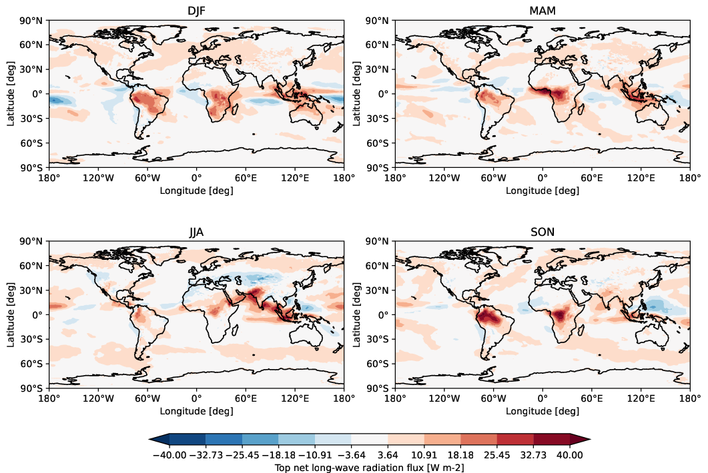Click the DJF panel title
[x=197, y=10]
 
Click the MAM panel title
[x=543, y=10]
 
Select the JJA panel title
[x=197, y=231]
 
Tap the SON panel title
[x=543, y=231]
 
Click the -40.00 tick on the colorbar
[x=169, y=455]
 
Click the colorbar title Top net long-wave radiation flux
[x=370, y=468]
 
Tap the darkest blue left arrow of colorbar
[x=159, y=438]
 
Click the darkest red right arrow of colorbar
[x=581, y=438]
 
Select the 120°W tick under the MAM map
[x=444, y=178]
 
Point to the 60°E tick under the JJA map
[x=246, y=399]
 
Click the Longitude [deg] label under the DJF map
[x=197, y=190]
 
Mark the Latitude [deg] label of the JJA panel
[x=11, y=314]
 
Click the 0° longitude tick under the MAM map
[x=543, y=178]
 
